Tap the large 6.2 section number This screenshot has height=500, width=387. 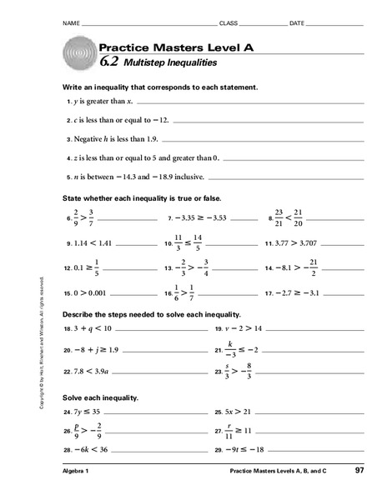(109, 62)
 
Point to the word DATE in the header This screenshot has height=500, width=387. (298, 22)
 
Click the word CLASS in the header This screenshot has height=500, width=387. (229, 22)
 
